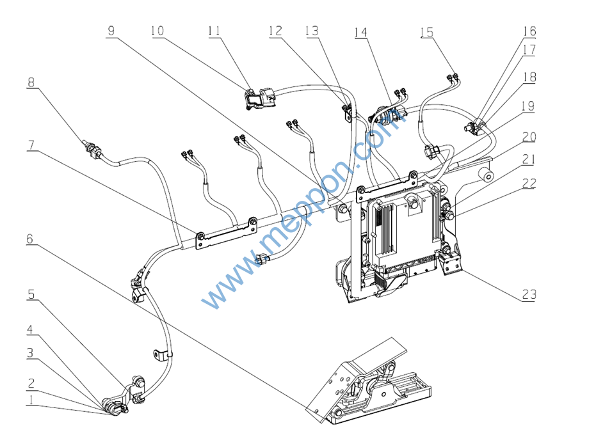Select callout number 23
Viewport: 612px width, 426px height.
[528, 295]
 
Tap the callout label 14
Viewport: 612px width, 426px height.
[360, 32]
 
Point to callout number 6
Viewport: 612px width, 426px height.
[30, 239]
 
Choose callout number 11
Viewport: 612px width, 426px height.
[214, 31]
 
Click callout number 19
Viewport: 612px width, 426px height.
[529, 106]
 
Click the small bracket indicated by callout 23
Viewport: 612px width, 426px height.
[451, 262]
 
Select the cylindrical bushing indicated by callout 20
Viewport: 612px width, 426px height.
[487, 175]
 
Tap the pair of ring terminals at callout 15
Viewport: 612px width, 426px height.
[455, 78]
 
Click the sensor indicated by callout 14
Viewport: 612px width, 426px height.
[390, 116]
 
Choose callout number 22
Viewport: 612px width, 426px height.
[529, 184]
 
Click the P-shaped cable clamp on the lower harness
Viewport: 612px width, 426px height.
[159, 356]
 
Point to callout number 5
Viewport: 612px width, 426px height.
[30, 295]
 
